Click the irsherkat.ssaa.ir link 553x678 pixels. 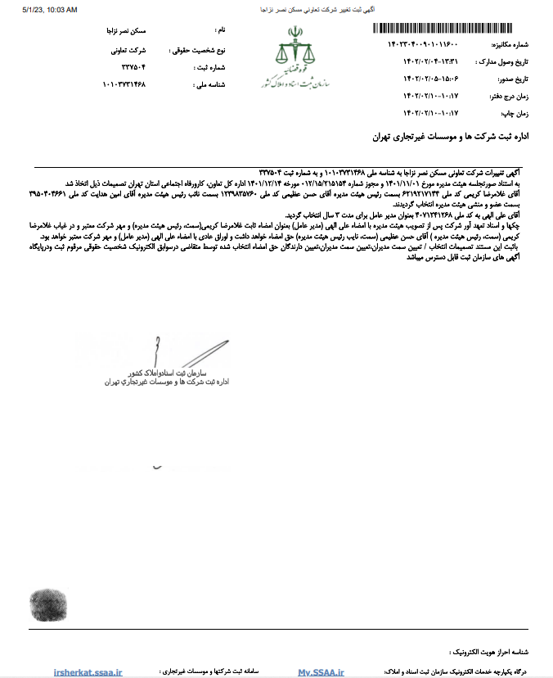pos(88,671)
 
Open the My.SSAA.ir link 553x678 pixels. pos(321,671)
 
